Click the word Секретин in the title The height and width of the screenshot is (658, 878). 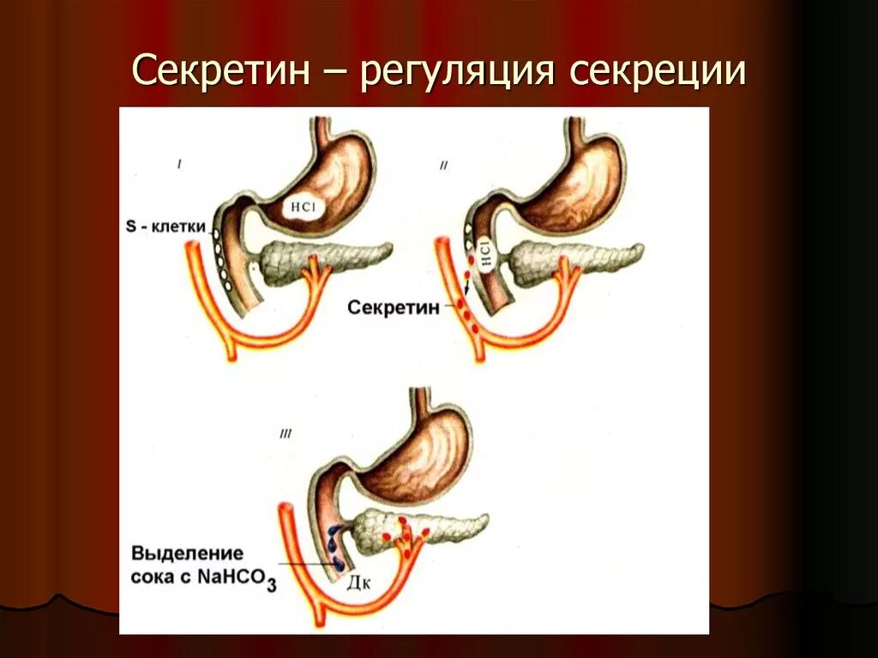pos(221,72)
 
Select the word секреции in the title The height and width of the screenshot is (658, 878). pos(657,72)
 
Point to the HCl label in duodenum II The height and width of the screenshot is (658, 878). pos(484,256)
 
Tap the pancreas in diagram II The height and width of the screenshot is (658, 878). pos(574,259)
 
